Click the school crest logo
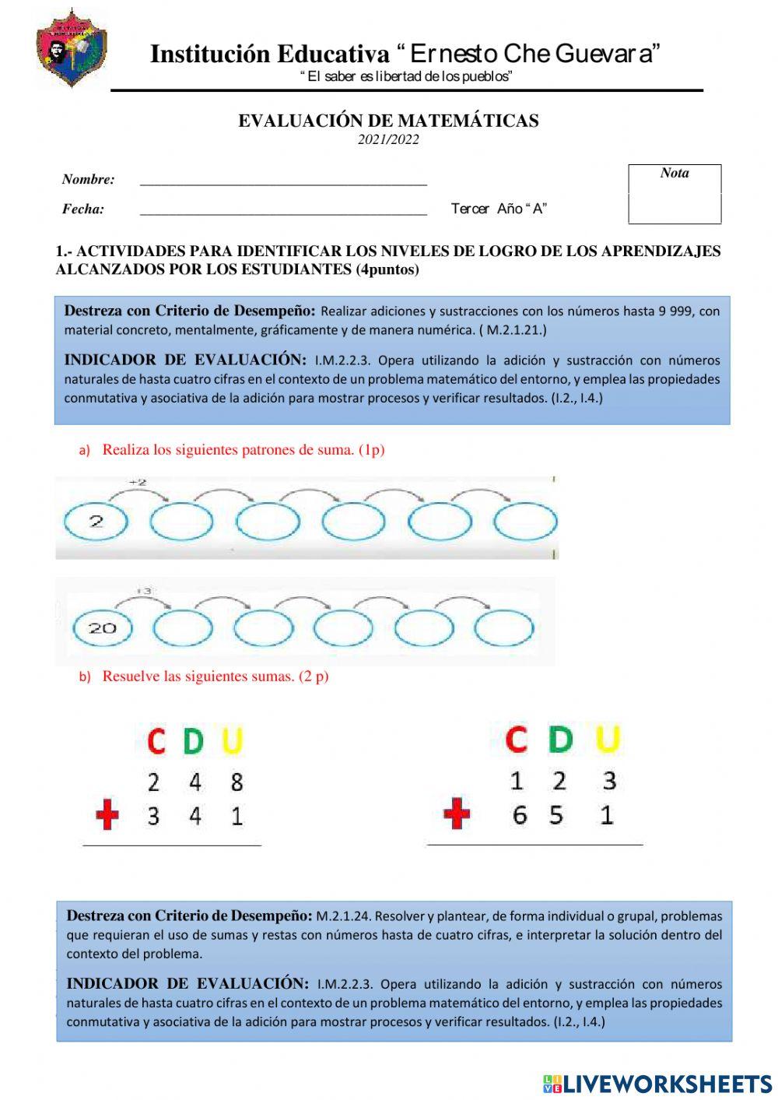(71, 48)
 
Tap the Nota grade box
(675, 195)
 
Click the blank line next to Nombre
(283, 181)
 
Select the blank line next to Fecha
(283, 210)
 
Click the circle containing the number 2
(96, 522)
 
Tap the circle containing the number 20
(102, 627)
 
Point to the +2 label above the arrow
(138, 483)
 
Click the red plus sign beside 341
(107, 816)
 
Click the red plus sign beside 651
(457, 815)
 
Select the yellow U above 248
(233, 741)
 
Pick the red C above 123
(516, 739)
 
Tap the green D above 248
(193, 741)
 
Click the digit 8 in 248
(237, 782)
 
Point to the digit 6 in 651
(519, 815)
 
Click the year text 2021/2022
(388, 140)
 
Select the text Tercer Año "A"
(499, 209)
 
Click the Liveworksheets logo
(657, 1084)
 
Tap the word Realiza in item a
(126, 450)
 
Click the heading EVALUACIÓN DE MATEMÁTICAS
(388, 121)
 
